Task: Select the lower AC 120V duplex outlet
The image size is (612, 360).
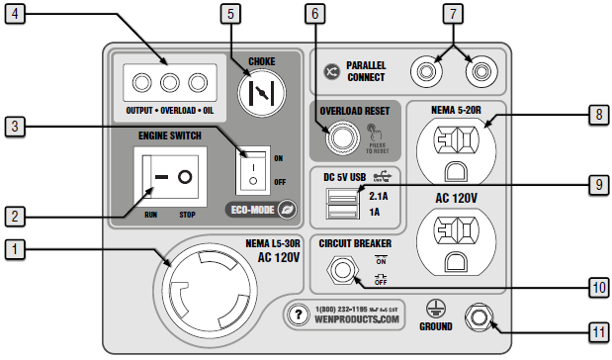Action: pyautogui.click(x=459, y=242)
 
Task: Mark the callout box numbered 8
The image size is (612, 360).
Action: pyautogui.click(x=599, y=115)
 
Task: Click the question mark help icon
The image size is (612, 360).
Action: pyautogui.click(x=297, y=315)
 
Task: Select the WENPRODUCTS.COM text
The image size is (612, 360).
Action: pyautogui.click(x=358, y=321)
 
